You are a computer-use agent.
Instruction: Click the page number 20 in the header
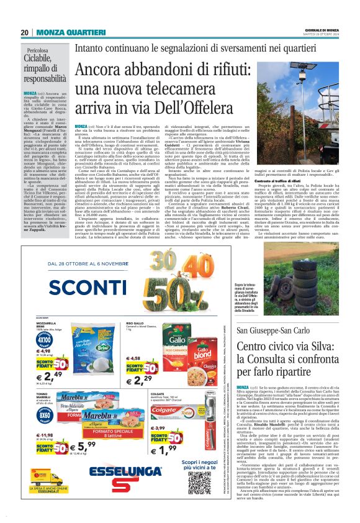pos(24,32)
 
